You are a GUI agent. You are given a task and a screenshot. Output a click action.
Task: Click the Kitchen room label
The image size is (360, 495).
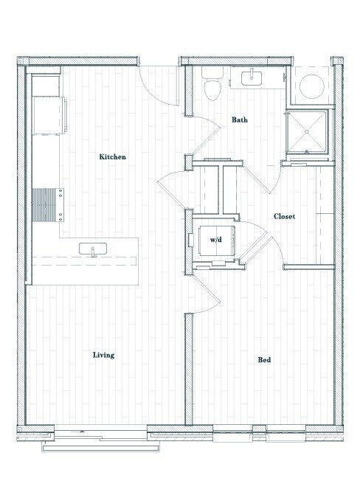[x=113, y=157]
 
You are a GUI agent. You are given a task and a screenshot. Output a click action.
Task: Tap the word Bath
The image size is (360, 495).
[x=239, y=119]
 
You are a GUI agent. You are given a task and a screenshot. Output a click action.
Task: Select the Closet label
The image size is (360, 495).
[x=284, y=217]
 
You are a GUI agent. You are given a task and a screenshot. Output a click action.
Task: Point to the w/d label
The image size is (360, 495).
[x=216, y=240]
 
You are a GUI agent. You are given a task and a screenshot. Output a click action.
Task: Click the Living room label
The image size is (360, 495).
[x=103, y=355]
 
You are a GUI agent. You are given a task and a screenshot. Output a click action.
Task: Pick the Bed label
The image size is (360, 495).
[x=264, y=360]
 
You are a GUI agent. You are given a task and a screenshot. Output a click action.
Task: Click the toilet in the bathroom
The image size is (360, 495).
[x=211, y=88]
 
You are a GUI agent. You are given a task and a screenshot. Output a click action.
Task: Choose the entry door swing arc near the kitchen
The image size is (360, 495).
[x=159, y=87]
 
